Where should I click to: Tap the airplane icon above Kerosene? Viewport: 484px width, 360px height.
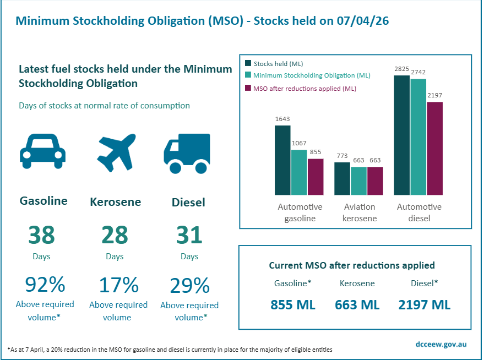pyautogui.click(x=116, y=150)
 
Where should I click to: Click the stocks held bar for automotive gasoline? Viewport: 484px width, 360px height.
pyautogui.click(x=282, y=160)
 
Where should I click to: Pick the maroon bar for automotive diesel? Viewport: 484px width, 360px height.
pyautogui.click(x=434, y=149)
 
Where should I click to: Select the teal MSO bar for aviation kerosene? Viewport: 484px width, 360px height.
pyautogui.click(x=358, y=181)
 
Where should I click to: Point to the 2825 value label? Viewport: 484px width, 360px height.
pyautogui.click(x=402, y=69)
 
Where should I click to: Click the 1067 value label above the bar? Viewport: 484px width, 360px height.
pyautogui.click(x=299, y=143)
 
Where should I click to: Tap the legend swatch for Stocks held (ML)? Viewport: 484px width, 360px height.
pyautogui.click(x=248, y=63)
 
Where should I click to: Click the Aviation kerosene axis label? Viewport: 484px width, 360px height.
pyautogui.click(x=360, y=212)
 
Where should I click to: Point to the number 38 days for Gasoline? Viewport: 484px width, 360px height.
pyautogui.click(x=41, y=235)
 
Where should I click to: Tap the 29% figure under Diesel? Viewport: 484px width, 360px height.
pyautogui.click(x=189, y=285)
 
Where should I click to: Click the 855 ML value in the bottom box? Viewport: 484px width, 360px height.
pyautogui.click(x=293, y=305)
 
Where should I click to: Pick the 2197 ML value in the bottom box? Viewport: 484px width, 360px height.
pyautogui.click(x=425, y=305)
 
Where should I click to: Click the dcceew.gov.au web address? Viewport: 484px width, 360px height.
pyautogui.click(x=442, y=344)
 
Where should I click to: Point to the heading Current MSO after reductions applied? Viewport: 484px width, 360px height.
pyautogui.click(x=352, y=265)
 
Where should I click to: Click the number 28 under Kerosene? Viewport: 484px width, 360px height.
pyautogui.click(x=115, y=235)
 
